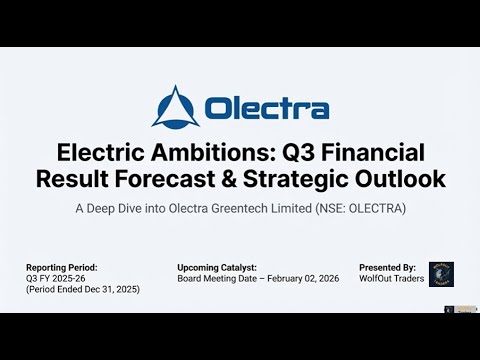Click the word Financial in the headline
tap(379, 153)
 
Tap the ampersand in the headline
tap(249, 180)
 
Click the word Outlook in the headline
tap(404, 180)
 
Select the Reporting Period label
tap(63, 268)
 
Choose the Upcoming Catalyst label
tap(216, 268)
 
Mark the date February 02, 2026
tap(294, 278)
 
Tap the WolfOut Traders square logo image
tap(441, 274)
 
